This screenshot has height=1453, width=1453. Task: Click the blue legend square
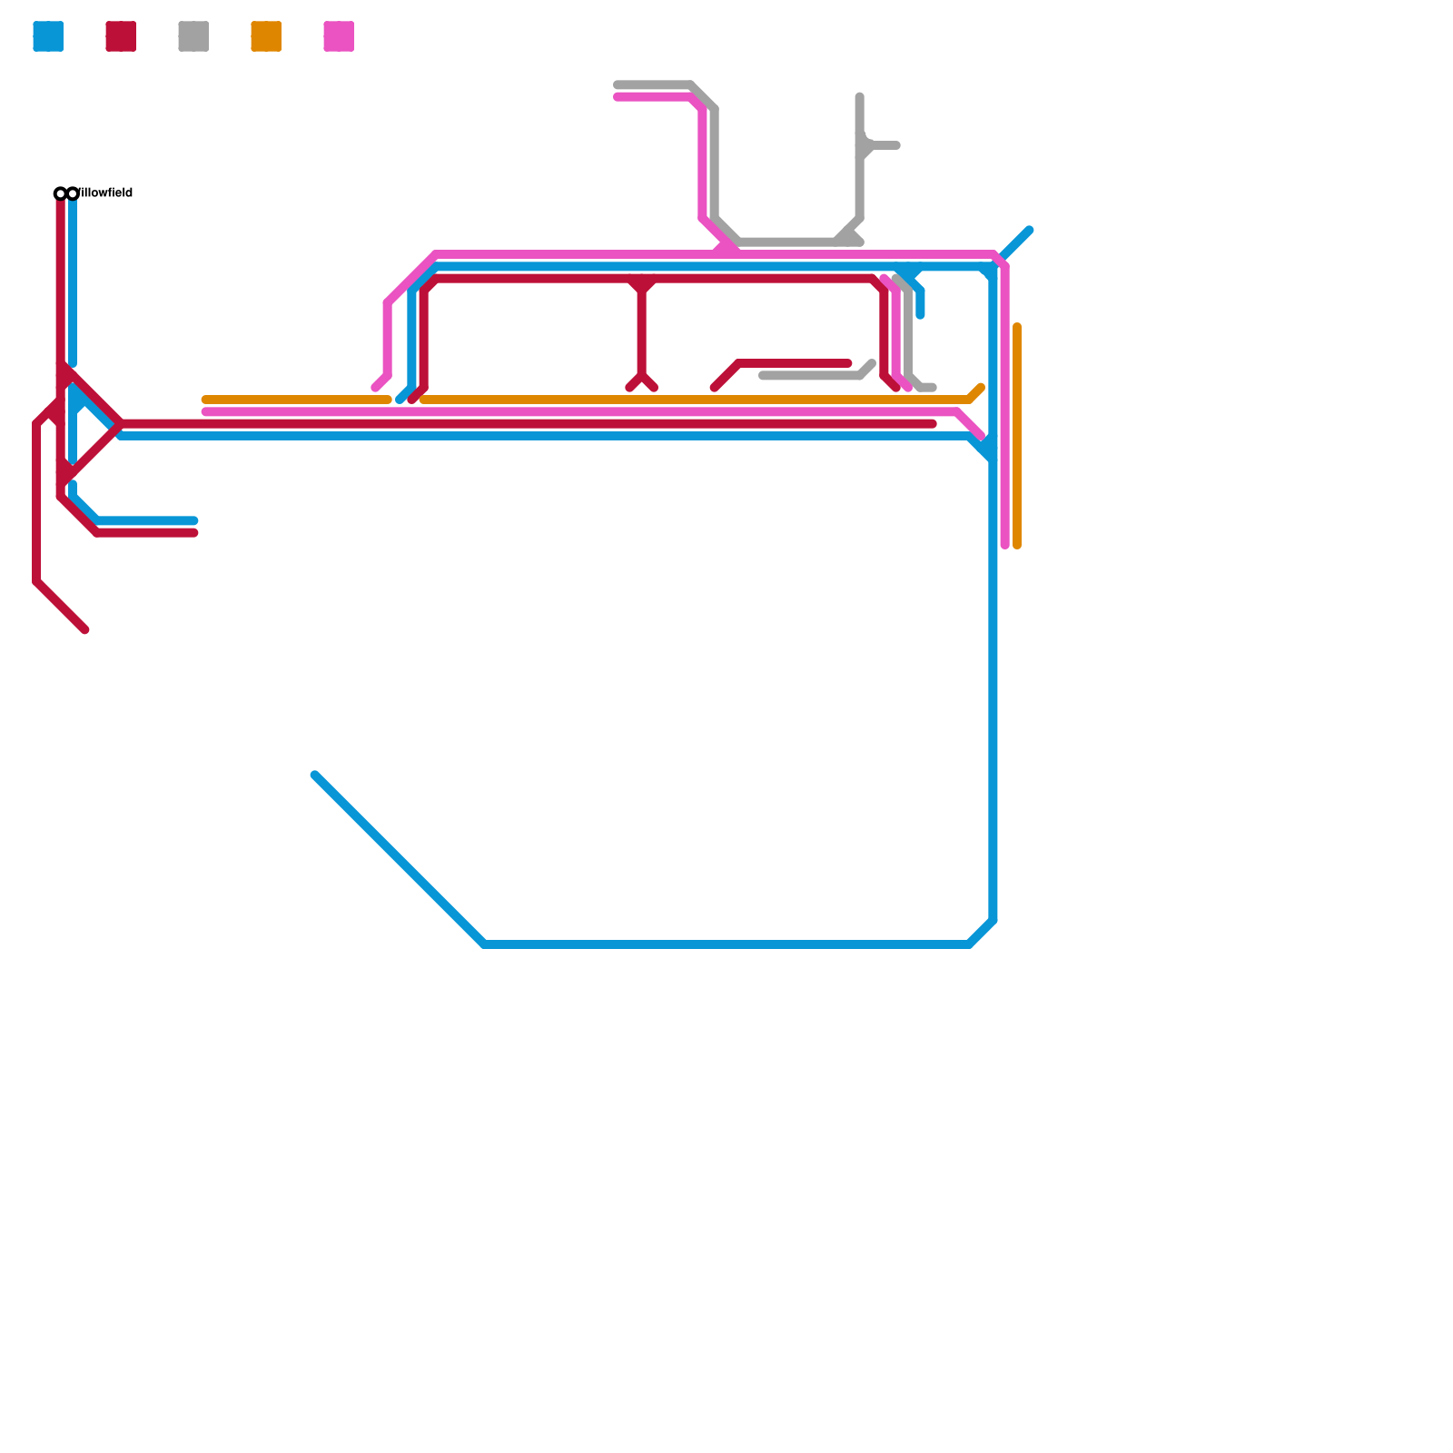[x=48, y=36]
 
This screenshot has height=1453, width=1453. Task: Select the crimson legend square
[x=121, y=36]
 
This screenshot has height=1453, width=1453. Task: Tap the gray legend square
[x=193, y=36]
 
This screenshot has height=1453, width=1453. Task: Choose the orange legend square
[x=266, y=36]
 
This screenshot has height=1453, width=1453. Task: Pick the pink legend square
[x=339, y=36]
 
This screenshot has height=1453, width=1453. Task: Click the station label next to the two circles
[x=105, y=193]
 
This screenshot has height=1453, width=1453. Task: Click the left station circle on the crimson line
[x=60, y=193]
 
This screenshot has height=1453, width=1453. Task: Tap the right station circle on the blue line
[x=73, y=193]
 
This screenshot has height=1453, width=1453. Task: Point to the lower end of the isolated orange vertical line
[x=1017, y=546]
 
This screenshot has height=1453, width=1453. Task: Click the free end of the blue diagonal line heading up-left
[x=315, y=776]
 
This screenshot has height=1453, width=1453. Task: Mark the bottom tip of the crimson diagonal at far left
[x=85, y=629]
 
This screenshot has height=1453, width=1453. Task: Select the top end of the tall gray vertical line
[x=859, y=96]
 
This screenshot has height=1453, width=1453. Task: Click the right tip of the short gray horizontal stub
[x=896, y=145]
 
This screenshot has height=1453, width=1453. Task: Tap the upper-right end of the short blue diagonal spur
[x=1029, y=230]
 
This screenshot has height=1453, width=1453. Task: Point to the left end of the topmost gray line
[x=617, y=84]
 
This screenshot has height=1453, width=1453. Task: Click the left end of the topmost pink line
[x=617, y=97]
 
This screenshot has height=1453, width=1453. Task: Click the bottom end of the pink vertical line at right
[x=1005, y=546]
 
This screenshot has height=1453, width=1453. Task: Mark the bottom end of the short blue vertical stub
[x=920, y=315]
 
